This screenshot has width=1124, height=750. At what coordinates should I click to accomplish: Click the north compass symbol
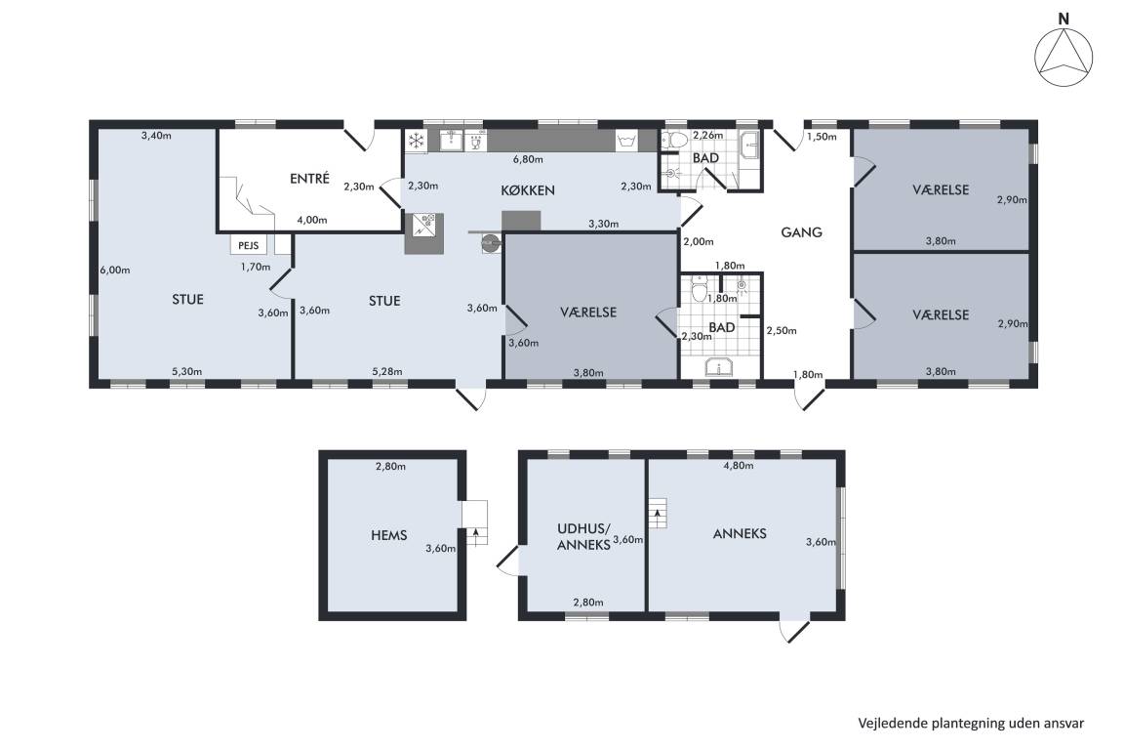click(x=1064, y=58)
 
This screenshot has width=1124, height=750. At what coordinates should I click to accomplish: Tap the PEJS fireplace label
click(x=248, y=245)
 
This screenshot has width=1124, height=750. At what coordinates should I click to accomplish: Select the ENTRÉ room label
click(x=309, y=178)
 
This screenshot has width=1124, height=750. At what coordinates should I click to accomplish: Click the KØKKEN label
click(x=528, y=190)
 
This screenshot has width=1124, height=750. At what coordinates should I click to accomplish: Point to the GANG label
click(x=801, y=231)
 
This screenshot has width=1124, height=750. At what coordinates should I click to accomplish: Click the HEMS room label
click(x=389, y=535)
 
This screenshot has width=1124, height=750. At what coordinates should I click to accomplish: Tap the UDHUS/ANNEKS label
click(x=583, y=536)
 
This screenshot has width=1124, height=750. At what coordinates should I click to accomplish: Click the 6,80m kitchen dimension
click(x=528, y=159)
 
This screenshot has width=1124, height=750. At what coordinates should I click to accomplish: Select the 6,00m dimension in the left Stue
click(x=115, y=270)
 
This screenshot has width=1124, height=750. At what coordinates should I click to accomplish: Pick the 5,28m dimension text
click(x=387, y=371)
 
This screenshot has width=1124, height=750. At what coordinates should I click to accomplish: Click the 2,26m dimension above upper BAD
click(x=708, y=134)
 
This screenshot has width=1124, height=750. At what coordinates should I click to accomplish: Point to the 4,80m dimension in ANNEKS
click(x=739, y=465)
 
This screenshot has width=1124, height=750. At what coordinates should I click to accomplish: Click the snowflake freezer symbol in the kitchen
click(x=416, y=141)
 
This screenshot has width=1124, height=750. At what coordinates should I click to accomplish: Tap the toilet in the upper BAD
click(x=670, y=141)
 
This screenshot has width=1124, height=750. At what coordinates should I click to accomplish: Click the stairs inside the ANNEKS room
click(x=658, y=513)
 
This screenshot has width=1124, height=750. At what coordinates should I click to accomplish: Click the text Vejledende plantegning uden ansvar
click(x=971, y=724)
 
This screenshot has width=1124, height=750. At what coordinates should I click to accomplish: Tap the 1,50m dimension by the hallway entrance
click(x=822, y=137)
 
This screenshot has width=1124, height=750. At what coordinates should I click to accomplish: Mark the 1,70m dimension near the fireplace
click(x=256, y=267)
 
